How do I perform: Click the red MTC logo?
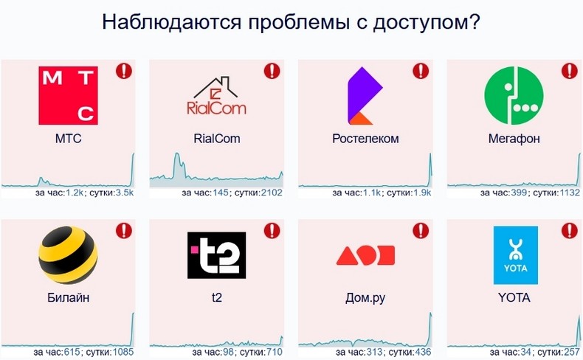pos(68,95)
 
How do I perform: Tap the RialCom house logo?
pos(216,95)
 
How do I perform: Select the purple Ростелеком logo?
pos(365,95)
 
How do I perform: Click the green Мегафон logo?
pos(514,95)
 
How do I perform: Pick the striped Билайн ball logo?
pos(68,255)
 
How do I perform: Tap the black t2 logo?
pos(216,255)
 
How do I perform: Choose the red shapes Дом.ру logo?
pos(365,255)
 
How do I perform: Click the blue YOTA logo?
pos(515,255)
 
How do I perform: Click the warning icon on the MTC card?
pos(124,71)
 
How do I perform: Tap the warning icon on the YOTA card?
pos(569,230)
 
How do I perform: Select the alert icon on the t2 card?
pos(272,230)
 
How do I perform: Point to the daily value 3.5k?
pos(124,193)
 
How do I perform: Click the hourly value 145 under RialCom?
pos(221,193)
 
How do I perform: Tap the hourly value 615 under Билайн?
pos(72,352)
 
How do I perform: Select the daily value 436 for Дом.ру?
pos(423,352)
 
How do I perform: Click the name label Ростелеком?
pos(365,139)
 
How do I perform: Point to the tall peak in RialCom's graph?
pos(177,153)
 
